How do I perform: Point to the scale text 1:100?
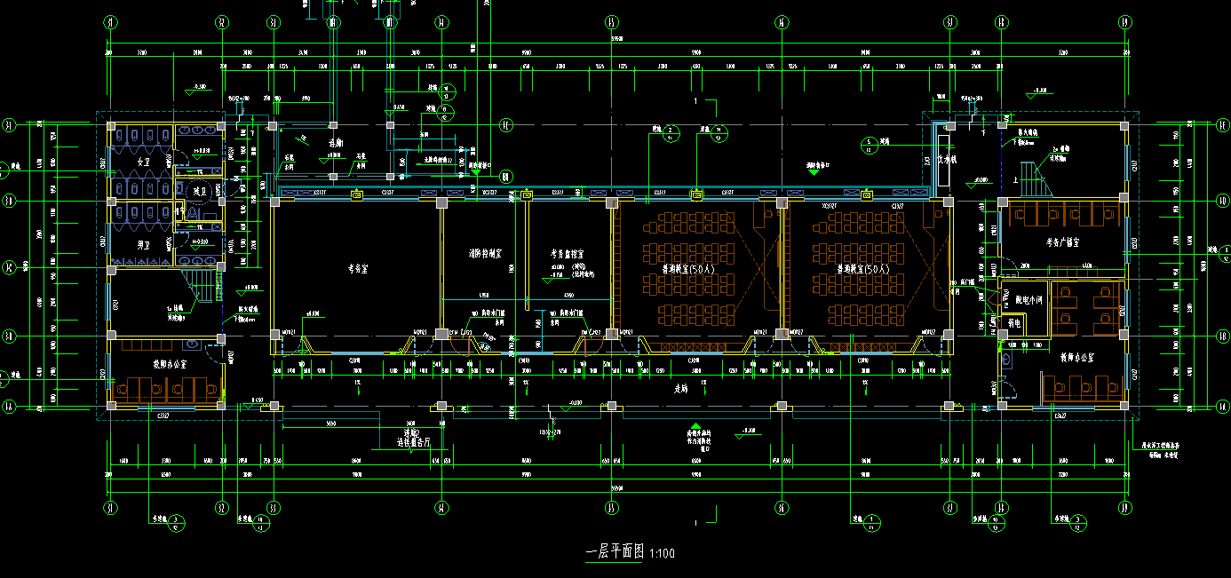coord(663,554)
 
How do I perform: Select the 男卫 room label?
coord(143,243)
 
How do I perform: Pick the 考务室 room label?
coord(356,266)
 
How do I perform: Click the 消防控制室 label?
coord(486,253)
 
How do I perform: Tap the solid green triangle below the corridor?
coord(696,426)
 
